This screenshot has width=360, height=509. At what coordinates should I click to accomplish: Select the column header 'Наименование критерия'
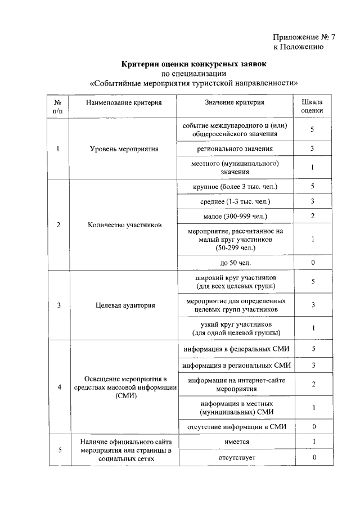point(124,102)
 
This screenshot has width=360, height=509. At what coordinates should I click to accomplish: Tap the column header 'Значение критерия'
point(235,102)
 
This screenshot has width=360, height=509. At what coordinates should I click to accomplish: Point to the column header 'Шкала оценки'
point(312,107)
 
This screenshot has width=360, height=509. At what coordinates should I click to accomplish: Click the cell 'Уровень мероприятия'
point(124,149)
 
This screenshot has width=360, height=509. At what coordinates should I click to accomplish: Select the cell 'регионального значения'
point(235,148)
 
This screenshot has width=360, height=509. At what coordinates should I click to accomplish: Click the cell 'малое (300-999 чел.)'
point(235,216)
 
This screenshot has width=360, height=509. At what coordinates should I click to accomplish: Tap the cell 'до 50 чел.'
point(235,263)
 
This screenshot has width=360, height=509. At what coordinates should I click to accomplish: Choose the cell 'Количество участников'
point(124,225)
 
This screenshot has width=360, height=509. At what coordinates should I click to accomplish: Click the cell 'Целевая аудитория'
point(124,305)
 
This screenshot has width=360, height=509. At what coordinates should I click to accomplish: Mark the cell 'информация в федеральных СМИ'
point(235,349)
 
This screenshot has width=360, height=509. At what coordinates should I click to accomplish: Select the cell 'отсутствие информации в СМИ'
point(235,426)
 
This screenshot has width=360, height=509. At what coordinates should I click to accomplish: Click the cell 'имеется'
point(235,442)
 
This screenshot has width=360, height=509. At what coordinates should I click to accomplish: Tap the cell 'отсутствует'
point(235,458)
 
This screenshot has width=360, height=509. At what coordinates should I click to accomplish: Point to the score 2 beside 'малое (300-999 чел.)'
point(312,216)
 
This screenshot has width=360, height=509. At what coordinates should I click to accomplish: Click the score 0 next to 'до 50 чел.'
point(312,263)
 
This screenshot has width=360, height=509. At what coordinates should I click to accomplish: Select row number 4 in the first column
point(59,388)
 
